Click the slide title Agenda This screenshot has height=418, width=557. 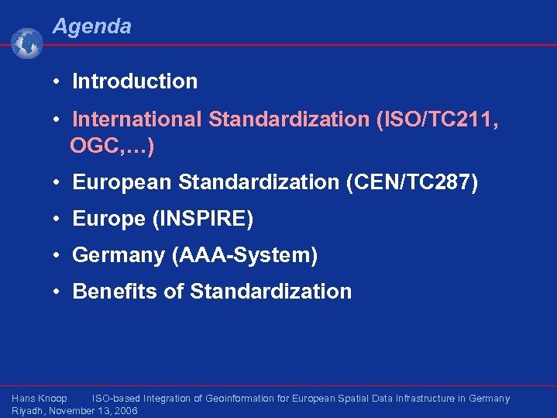point(91,27)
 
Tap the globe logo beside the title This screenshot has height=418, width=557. point(27,43)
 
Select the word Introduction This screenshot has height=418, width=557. point(135,81)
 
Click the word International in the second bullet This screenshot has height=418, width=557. point(137,120)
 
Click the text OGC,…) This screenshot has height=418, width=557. point(112,145)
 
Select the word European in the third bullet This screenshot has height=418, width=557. point(122,182)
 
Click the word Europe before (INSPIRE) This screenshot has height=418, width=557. point(109,219)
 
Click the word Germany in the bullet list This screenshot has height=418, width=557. point(118,255)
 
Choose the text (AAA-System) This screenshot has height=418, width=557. point(243,255)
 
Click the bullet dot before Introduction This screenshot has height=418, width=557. point(57,81)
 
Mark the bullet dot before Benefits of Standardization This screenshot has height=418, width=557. point(57,292)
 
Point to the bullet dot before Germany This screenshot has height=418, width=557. point(57,255)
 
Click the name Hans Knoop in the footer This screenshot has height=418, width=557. point(40,399)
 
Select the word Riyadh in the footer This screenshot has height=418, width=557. point(27,411)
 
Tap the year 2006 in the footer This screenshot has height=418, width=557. point(125,411)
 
